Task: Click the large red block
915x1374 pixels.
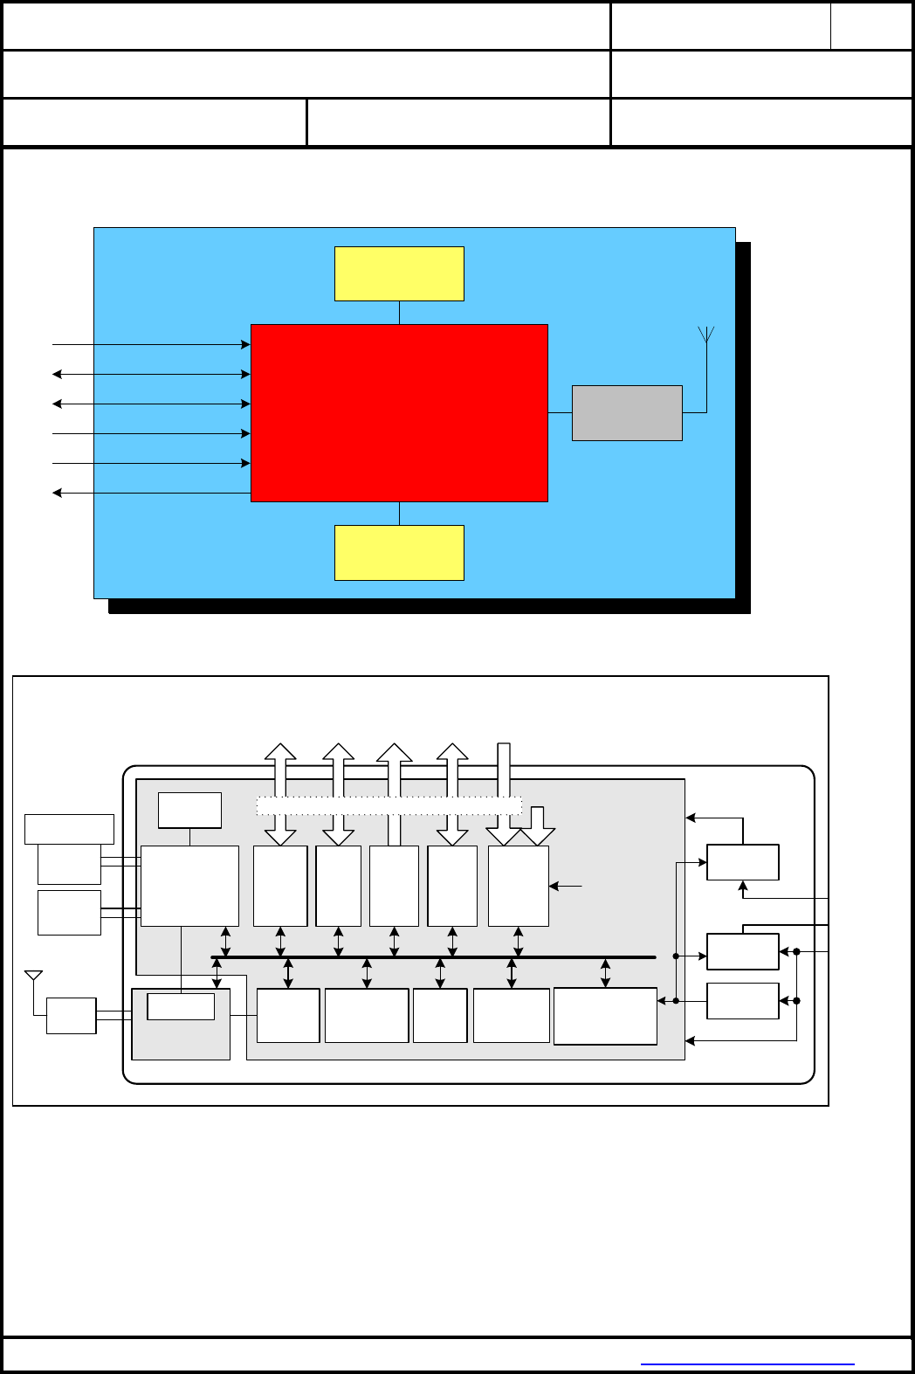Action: pos(399,412)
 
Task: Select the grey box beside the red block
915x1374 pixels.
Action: pos(627,412)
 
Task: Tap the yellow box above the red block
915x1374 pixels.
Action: pos(399,273)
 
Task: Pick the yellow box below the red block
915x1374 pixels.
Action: pos(399,552)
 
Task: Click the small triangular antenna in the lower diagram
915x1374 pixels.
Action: pos(34,976)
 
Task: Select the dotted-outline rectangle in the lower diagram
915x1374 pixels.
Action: pos(389,806)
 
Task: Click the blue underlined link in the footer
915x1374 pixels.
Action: pos(747,1364)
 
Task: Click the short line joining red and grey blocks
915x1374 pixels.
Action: pos(560,412)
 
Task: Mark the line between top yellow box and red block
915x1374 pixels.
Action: pos(399,313)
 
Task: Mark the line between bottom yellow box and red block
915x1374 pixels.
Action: pos(399,514)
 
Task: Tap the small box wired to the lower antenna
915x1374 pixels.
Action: pos(71,1016)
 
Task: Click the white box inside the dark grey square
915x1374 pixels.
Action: pos(181,1006)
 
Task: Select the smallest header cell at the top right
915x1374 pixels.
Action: pos(870,26)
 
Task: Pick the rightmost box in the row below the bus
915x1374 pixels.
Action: pos(605,1016)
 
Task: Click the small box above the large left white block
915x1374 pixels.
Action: pos(189,810)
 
